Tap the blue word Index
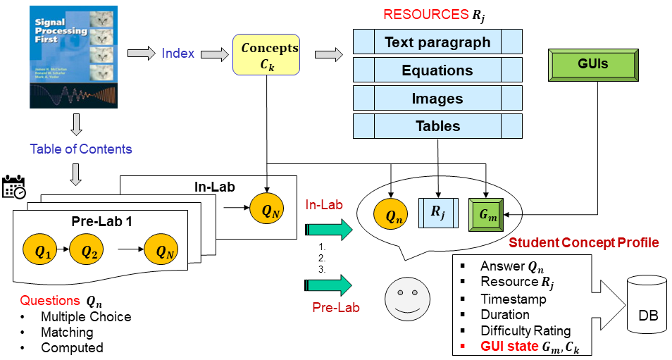(x=178, y=54)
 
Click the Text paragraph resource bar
(x=437, y=42)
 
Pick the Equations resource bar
(x=437, y=70)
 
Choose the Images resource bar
(x=437, y=99)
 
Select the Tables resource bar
(x=437, y=126)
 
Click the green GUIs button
(x=595, y=65)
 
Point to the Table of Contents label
(x=81, y=149)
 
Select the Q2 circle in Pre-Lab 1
(x=89, y=250)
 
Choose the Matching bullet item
(x=67, y=332)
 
